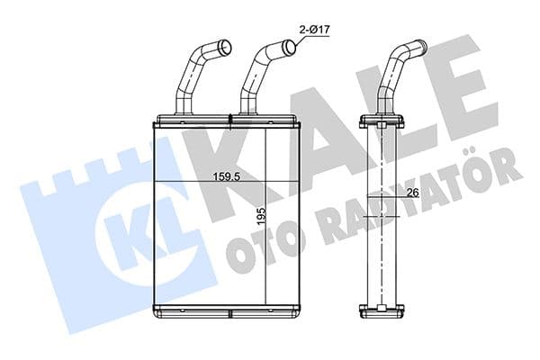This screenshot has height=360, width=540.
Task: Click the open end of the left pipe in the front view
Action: tap(224, 47)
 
